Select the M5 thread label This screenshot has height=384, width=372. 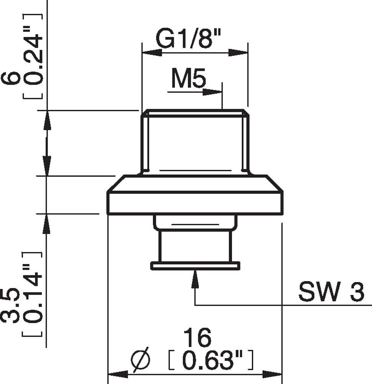pyautogui.click(x=188, y=79)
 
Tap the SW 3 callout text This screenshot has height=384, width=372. pyautogui.click(x=331, y=293)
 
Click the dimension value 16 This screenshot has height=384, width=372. pyautogui.click(x=197, y=338)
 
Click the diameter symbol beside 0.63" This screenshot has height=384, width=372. pyautogui.click(x=141, y=360)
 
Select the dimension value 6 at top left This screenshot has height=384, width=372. pyautogui.click(x=11, y=78)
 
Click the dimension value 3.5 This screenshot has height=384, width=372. pyautogui.click(x=11, y=305)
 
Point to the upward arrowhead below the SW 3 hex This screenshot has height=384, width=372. pyautogui.click(x=195, y=279)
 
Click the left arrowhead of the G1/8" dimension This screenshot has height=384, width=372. pyautogui.click(x=152, y=53)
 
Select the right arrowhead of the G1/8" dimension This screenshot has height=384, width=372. pyautogui.click(x=238, y=53)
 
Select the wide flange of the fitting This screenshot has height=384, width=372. pyautogui.click(x=195, y=202)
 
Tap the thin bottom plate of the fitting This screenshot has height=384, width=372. pyautogui.click(x=195, y=265)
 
